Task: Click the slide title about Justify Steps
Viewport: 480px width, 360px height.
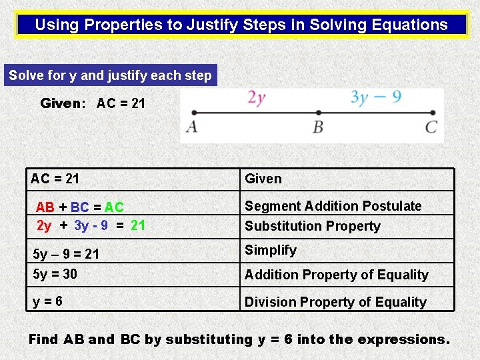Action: click(x=241, y=25)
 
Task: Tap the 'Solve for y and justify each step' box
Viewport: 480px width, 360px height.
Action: click(x=110, y=75)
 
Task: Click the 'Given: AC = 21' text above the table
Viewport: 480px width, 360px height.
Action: click(x=93, y=103)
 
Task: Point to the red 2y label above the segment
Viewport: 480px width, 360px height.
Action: click(x=257, y=98)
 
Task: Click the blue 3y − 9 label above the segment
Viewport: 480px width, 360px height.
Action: click(x=376, y=97)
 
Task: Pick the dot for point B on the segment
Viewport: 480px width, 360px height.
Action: click(x=319, y=113)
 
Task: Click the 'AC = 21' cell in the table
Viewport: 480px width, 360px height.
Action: click(x=55, y=179)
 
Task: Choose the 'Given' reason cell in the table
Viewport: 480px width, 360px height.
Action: click(x=263, y=179)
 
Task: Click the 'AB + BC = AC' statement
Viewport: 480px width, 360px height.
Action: click(x=80, y=208)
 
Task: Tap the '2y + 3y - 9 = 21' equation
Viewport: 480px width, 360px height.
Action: click(x=91, y=225)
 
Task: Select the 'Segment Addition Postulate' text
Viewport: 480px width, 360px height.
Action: click(x=333, y=206)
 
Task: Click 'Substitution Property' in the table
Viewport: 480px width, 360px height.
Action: click(x=313, y=226)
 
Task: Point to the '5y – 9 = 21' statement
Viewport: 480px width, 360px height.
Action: click(x=66, y=254)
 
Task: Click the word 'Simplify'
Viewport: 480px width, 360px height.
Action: click(x=271, y=250)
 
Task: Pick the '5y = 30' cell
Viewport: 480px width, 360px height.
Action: click(x=55, y=274)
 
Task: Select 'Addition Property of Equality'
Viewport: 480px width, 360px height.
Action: click(x=337, y=275)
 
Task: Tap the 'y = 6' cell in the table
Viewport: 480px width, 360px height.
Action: click(x=48, y=301)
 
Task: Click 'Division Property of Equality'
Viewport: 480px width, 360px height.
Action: click(x=335, y=302)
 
